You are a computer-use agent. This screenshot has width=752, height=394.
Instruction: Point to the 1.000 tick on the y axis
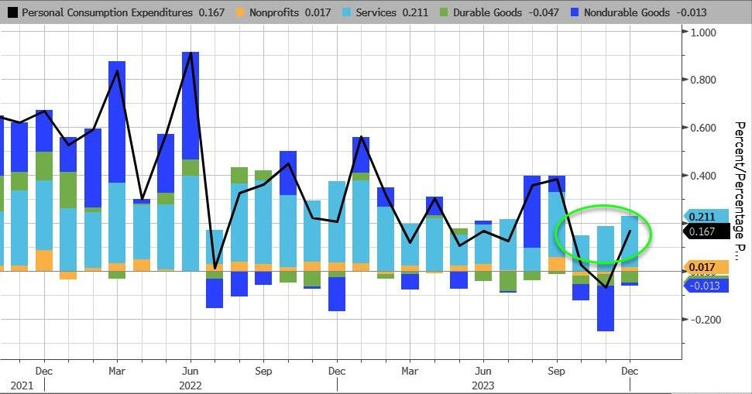point(703,32)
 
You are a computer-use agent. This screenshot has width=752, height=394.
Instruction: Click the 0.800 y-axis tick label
point(703,80)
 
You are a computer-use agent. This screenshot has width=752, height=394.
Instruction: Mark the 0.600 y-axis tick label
point(703,128)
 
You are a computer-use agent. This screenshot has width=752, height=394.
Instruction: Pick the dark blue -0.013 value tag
point(704,285)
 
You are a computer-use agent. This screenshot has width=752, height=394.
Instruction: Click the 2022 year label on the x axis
point(191,385)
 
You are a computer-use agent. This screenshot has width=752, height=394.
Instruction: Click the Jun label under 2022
point(191,371)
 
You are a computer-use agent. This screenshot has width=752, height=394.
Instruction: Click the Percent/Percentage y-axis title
point(739,190)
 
